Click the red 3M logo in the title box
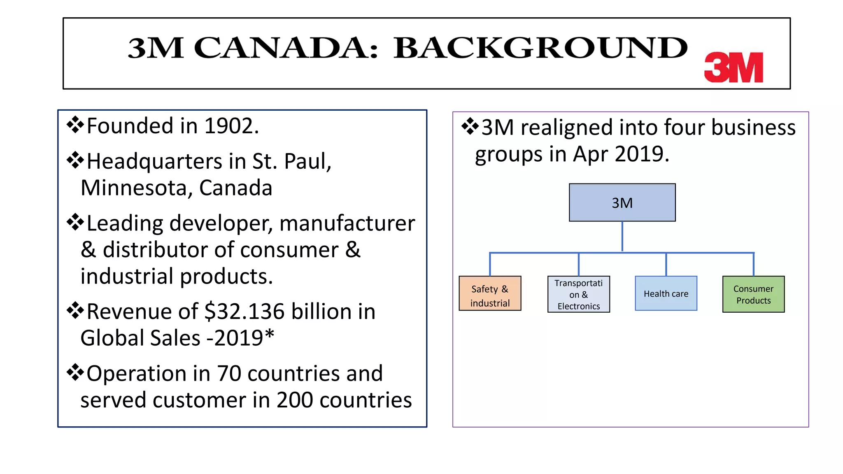point(734,67)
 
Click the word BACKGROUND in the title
point(540,48)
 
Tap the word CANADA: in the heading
point(285,48)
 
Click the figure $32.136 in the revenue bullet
point(244,311)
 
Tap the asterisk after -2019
point(269,335)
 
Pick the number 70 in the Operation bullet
point(229,374)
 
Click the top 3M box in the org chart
point(622,203)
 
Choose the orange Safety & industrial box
point(490,293)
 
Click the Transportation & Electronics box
point(578,294)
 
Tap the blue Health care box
point(666,293)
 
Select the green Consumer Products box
point(753,294)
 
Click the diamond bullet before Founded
point(75,125)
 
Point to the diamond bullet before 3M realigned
point(470,126)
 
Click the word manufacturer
point(347,223)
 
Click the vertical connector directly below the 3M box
point(622,237)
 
